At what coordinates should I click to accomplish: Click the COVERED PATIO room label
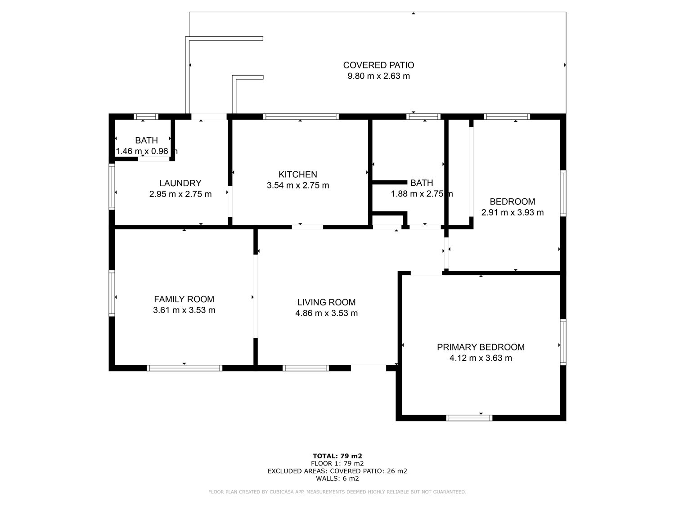[x=378, y=65]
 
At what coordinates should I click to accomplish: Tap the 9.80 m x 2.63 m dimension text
[x=378, y=76]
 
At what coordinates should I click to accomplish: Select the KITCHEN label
[x=298, y=175]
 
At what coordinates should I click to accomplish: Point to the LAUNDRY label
[x=180, y=183]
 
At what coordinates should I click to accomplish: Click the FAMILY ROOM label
[x=184, y=299]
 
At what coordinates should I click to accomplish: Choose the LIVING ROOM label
[x=327, y=302]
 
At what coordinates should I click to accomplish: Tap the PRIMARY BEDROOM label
[x=481, y=347]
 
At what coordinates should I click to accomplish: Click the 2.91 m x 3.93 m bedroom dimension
[x=512, y=212]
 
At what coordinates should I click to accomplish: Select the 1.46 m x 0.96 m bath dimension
[x=147, y=151]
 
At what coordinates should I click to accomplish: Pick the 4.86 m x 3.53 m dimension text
[x=327, y=313]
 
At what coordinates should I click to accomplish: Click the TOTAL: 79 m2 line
[x=337, y=456]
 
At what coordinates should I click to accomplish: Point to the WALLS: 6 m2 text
[x=337, y=479]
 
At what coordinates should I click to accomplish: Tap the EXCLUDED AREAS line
[x=337, y=471]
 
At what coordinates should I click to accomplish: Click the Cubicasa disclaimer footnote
[x=337, y=492]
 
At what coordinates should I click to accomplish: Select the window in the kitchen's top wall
[x=301, y=116]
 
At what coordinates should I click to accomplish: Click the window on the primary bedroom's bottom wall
[x=469, y=418]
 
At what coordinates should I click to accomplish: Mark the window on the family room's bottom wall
[x=184, y=368]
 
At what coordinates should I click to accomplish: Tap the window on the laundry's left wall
[x=112, y=187]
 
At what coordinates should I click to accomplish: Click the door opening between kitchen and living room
[x=307, y=227]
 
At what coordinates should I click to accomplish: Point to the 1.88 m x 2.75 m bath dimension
[x=422, y=194]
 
